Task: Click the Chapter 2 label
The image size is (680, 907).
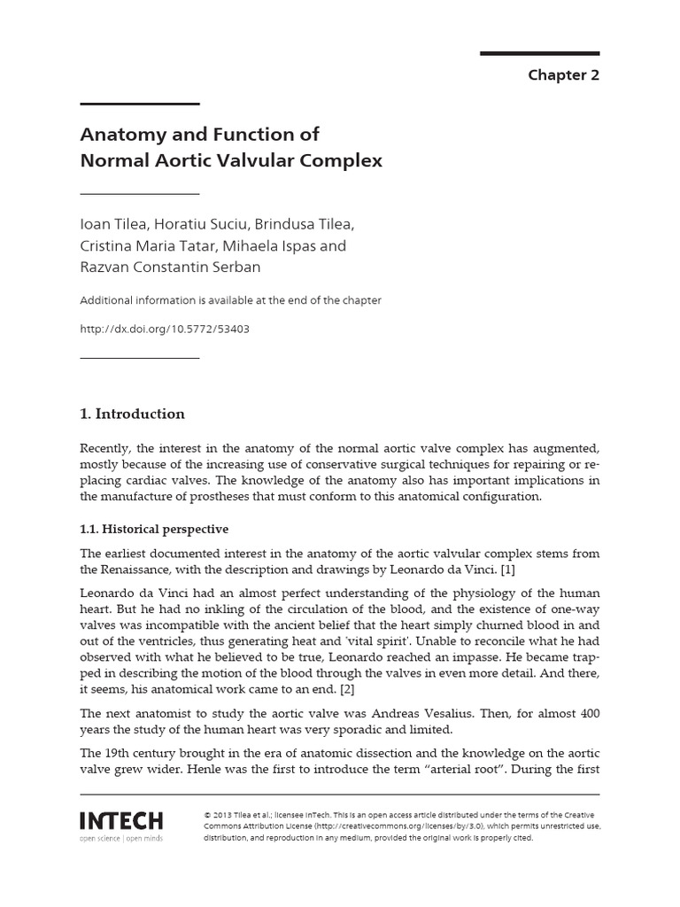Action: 563,74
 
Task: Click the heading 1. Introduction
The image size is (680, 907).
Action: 133,414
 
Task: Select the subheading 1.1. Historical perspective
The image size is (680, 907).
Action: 154,529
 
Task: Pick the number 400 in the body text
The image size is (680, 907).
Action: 587,712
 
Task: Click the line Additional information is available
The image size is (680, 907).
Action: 230,300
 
